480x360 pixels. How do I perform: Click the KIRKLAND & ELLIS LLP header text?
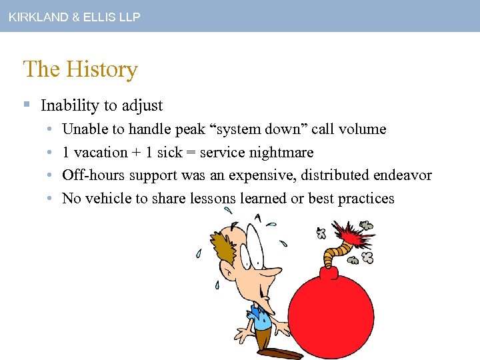coord(74,17)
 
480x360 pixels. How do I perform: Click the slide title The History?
coord(80,69)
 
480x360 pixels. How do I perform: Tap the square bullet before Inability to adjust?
coord(27,105)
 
